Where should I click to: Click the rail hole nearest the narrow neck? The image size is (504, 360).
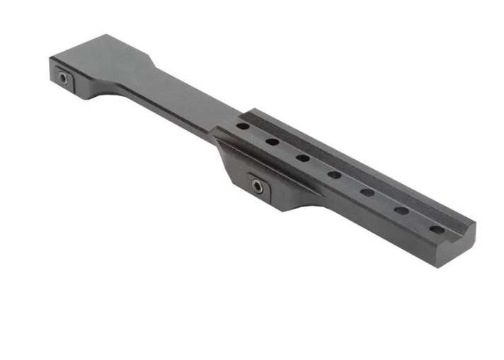point(243,126)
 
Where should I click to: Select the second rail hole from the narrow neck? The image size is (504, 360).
point(273,141)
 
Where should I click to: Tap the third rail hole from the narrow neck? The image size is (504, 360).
point(303,158)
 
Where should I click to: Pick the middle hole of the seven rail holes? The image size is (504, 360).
point(335,175)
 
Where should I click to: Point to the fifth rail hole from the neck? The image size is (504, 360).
point(367,192)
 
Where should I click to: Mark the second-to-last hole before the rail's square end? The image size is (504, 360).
point(401,210)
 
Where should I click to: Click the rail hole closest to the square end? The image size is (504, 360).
point(437,229)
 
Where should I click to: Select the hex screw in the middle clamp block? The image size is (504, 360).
point(256,185)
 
